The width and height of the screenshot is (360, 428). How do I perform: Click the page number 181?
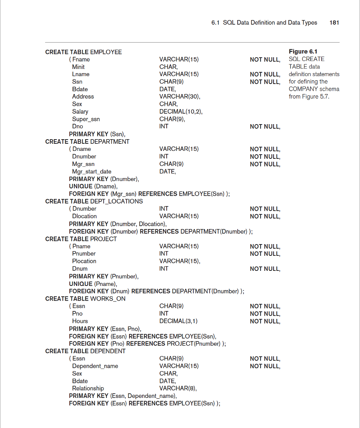pos(334,23)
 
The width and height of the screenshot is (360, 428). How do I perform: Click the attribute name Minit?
pos(78,67)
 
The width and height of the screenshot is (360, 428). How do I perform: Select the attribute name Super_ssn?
pos(86,119)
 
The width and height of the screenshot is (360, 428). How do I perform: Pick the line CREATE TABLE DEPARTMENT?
pos(87,141)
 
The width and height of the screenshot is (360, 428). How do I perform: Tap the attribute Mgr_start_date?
pos(91,171)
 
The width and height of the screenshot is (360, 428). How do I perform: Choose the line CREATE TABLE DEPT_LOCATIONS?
pos(94,201)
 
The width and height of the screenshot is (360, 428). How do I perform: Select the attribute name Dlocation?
pos(84,216)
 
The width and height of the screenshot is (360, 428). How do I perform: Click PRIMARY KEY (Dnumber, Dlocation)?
pos(118,224)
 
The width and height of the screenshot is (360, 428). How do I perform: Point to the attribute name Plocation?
pos(84,261)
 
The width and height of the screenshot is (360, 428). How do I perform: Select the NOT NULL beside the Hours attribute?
pos(265,321)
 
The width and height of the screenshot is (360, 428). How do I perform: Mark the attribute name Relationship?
pos(88,388)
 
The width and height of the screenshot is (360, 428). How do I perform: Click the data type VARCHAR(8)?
pos(178,388)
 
